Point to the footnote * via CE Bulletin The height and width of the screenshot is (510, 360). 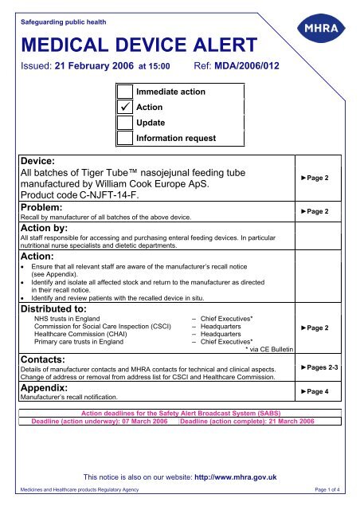tap(263, 348)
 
